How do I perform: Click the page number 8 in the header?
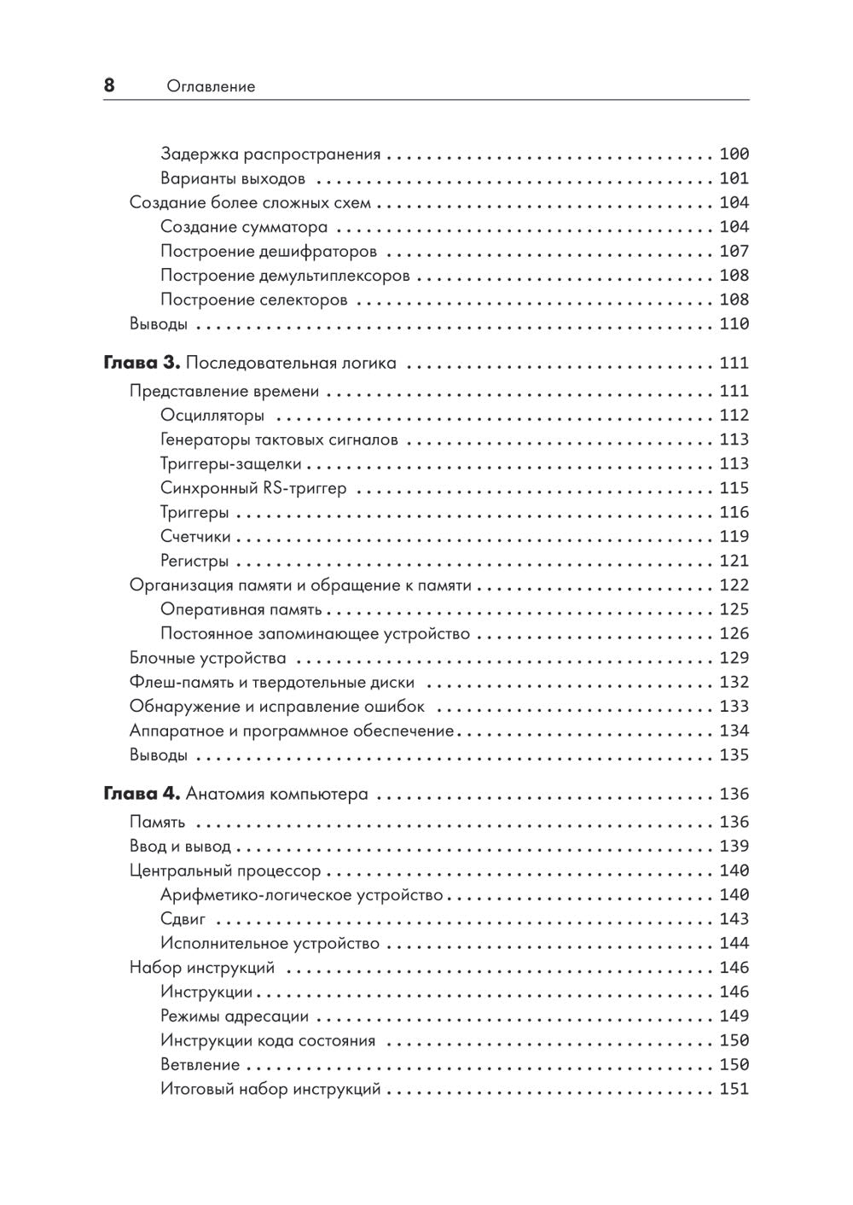109,85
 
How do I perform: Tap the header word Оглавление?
211,86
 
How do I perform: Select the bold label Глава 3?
141,363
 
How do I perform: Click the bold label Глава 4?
141,794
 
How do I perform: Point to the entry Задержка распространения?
270,154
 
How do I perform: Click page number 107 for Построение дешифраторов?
734,251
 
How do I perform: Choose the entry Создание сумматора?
244,227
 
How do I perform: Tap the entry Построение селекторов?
253,300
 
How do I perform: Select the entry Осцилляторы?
212,416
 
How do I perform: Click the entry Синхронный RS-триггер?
253,488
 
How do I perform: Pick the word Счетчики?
195,537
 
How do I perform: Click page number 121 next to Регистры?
734,561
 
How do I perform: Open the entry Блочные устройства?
207,658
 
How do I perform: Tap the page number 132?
734,682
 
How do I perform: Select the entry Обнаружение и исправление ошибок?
276,707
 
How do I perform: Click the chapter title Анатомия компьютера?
277,794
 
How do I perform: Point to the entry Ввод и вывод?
180,847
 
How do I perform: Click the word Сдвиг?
183,919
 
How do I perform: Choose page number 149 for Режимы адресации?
734,1016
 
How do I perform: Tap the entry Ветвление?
200,1065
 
